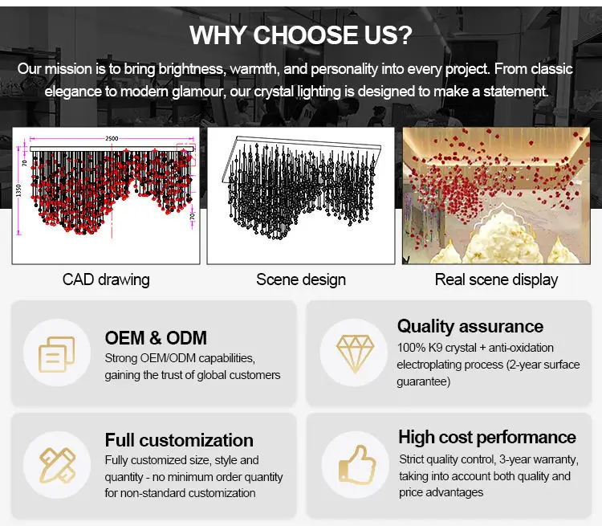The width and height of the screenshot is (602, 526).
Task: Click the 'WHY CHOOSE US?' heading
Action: [x=301, y=35]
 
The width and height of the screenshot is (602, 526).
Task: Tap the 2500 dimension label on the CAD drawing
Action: [x=112, y=138]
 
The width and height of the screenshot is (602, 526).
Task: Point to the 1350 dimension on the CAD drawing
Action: [x=18, y=190]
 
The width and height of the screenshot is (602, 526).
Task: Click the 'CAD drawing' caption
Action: [x=106, y=279]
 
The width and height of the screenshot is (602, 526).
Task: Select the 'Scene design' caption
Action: [x=301, y=279]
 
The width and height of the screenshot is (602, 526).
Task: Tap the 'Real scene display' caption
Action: [x=496, y=279]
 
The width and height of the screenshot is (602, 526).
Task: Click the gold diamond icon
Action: [x=355, y=353]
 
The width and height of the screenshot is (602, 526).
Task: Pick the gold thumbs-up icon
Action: [x=356, y=464]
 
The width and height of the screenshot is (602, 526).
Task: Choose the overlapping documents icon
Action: [x=57, y=354]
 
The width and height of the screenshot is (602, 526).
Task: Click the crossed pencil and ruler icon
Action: [x=57, y=465]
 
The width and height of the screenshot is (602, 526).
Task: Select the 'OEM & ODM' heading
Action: [x=156, y=338]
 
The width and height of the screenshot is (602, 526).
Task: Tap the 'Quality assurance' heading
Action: [x=470, y=327]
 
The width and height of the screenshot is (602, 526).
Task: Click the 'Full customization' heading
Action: [x=179, y=440]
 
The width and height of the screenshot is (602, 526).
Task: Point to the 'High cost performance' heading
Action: [x=487, y=437]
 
